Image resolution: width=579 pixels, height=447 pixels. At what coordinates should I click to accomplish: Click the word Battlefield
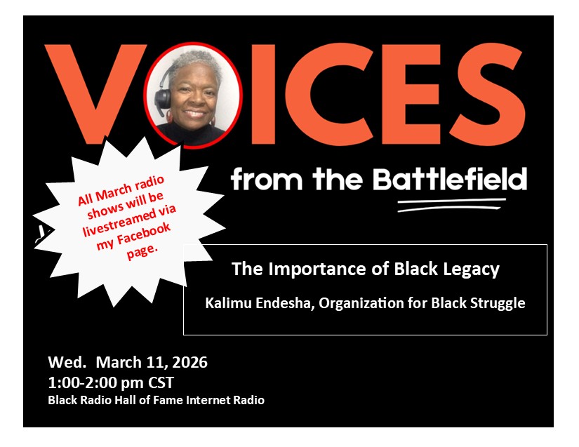(450, 180)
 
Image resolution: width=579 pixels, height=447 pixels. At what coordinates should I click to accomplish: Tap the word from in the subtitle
(267, 180)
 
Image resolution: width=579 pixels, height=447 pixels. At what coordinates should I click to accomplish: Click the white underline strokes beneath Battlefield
(451, 205)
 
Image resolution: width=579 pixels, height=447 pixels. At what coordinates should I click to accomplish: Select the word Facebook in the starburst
(144, 234)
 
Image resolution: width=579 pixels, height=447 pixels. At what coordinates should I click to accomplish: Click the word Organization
(361, 303)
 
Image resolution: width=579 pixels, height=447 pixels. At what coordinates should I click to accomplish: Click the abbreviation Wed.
(67, 362)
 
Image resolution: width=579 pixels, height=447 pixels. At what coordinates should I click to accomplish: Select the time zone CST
(161, 382)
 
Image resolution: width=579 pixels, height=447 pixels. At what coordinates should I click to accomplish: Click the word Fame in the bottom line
(165, 400)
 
